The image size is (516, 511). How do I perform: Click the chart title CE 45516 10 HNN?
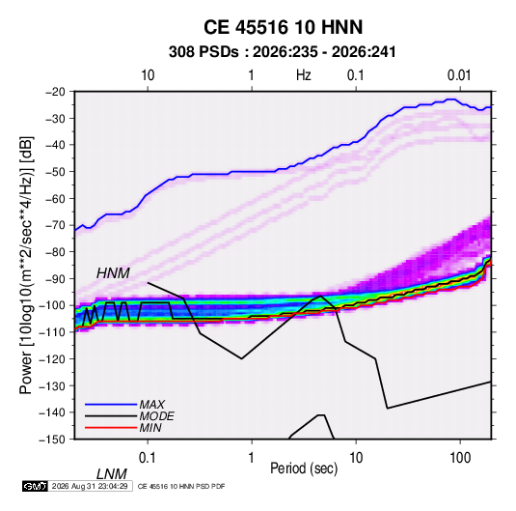(x=283, y=27)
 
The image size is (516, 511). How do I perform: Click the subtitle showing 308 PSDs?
(x=282, y=52)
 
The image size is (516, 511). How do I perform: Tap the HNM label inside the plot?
(x=113, y=273)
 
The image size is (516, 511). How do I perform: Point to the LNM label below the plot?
(x=111, y=474)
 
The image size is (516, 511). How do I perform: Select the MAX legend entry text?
(x=151, y=404)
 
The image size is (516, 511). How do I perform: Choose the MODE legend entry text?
(x=156, y=416)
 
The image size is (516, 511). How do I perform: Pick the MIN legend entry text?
(x=150, y=428)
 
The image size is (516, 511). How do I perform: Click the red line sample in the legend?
(x=111, y=428)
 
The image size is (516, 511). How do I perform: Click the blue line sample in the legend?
(x=111, y=404)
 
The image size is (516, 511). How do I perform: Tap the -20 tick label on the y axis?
(x=55, y=92)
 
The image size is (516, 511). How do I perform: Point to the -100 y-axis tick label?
(x=52, y=305)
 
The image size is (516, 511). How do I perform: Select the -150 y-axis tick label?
(x=52, y=440)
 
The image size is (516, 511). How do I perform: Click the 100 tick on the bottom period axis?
(x=460, y=458)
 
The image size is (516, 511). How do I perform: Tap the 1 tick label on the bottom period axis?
(x=252, y=458)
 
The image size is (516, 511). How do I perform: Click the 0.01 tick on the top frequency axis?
(x=459, y=75)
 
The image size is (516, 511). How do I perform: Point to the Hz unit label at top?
(x=304, y=75)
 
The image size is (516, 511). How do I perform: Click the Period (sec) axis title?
(x=304, y=468)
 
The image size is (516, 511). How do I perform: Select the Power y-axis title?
(x=26, y=265)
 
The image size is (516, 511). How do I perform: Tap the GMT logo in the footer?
(x=35, y=486)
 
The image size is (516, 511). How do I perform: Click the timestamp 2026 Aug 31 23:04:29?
(x=90, y=486)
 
